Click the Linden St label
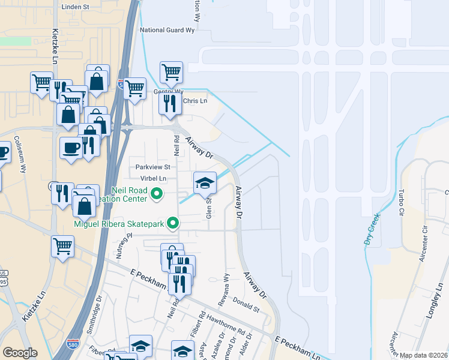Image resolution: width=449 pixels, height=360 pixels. tap(76, 7)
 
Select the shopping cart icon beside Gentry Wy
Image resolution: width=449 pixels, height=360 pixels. tap(172, 73)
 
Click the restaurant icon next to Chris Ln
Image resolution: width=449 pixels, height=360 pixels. tap(170, 103)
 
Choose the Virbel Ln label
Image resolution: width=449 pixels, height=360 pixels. tap(154, 178)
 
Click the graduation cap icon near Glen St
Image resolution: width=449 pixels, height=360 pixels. tap(205, 183)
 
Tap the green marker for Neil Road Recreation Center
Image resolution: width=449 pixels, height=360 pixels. tap(157, 194)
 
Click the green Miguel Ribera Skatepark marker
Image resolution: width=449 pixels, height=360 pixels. tap(173, 224)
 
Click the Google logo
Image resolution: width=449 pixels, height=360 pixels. tap(20, 353)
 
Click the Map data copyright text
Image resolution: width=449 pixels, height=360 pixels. tap(423, 355)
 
